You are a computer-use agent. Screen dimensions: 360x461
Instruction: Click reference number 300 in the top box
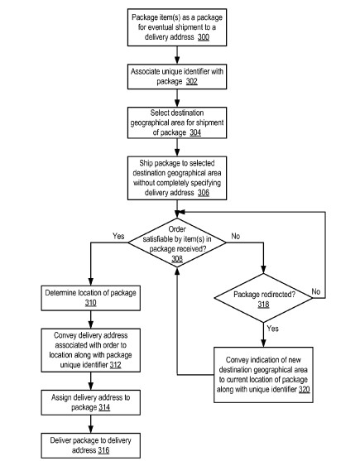[x=204, y=37]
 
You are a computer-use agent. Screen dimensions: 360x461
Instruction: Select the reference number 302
[x=192, y=81]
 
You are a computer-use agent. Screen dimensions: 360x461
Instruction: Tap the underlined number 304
[x=195, y=132]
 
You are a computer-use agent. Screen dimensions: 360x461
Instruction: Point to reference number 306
[x=204, y=193]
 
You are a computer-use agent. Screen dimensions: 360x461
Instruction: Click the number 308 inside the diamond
[x=177, y=259]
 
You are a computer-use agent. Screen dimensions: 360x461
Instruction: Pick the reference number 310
[x=91, y=303]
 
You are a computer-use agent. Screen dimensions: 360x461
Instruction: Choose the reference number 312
[x=116, y=365]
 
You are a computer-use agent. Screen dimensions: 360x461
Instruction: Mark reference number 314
[x=104, y=407]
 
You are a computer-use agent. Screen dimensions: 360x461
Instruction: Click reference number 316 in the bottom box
[x=103, y=450]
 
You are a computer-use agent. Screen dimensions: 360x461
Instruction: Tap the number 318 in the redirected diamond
[x=264, y=305]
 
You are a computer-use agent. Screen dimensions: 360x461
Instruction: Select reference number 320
[x=305, y=390]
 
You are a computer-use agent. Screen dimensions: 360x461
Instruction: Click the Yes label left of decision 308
[x=118, y=236]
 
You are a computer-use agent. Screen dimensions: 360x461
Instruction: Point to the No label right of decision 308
[x=236, y=236]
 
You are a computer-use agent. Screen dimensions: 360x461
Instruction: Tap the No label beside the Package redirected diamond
[x=316, y=291]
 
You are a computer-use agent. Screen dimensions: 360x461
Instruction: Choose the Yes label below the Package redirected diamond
[x=273, y=329]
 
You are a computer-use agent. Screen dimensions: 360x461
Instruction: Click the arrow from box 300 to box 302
[x=177, y=55]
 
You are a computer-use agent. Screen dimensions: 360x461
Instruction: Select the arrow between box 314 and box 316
[x=91, y=424]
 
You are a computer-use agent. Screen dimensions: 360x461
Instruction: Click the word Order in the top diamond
[x=177, y=229]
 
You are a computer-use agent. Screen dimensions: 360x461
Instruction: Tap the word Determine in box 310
[x=60, y=293]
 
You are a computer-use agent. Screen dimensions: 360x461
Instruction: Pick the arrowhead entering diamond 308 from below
[x=177, y=271]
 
